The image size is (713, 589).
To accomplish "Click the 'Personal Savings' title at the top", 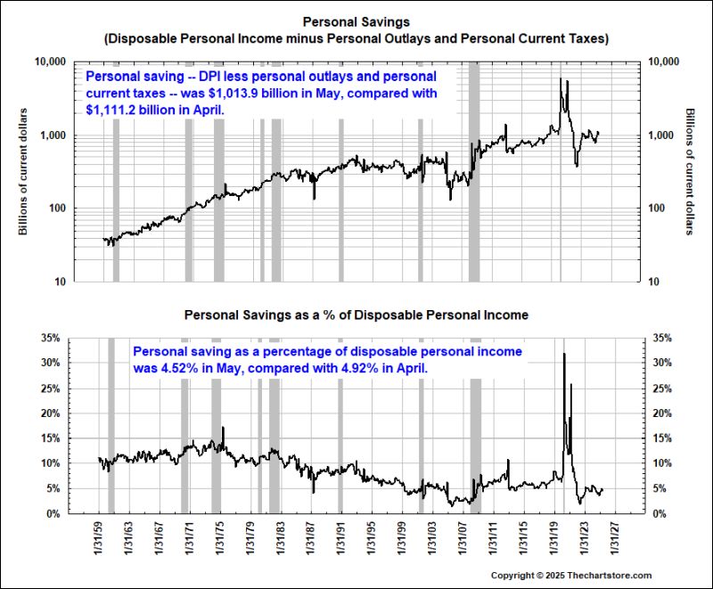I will tap(356, 20).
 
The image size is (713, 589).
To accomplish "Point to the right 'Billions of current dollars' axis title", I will tap(690, 172).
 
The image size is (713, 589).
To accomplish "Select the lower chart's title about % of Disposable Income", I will tap(356, 315).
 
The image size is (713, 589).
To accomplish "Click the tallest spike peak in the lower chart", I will tap(563, 355).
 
